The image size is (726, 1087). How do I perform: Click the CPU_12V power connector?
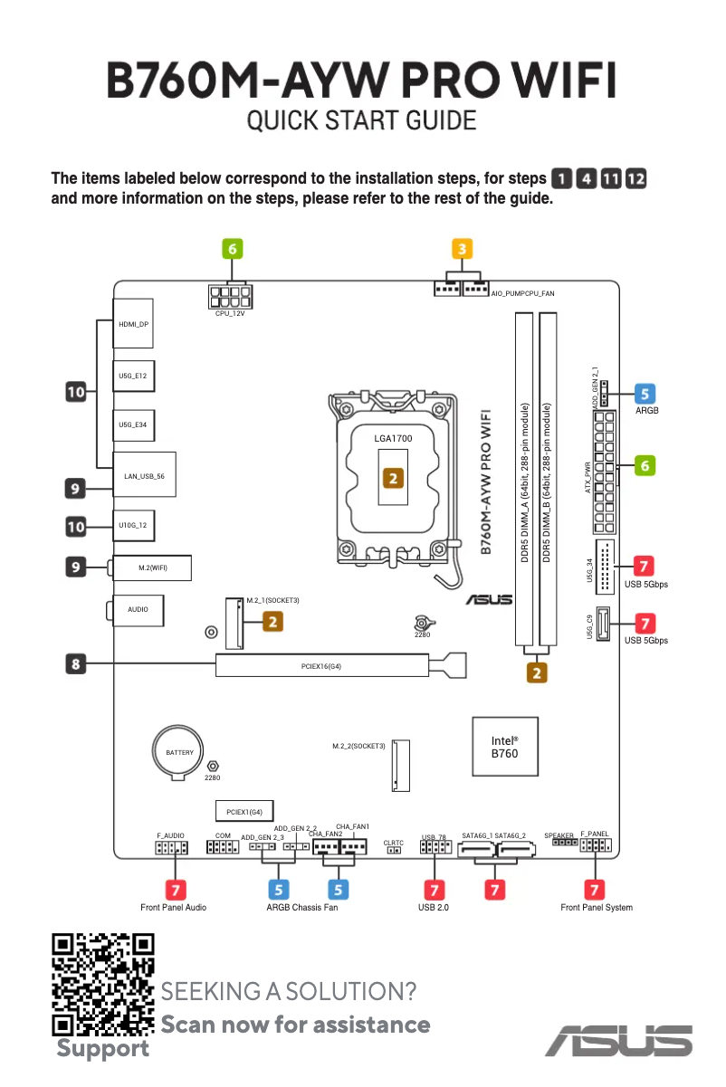[x=229, y=296]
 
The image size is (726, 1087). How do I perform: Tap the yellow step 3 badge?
[x=462, y=248]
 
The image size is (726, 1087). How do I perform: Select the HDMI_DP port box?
[x=133, y=324]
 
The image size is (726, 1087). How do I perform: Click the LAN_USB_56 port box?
[x=144, y=474]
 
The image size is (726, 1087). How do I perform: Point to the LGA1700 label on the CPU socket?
[x=393, y=439]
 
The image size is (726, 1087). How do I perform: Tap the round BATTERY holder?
[x=179, y=752]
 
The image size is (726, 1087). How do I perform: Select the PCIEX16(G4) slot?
[x=322, y=665]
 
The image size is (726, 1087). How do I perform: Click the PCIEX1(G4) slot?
[x=244, y=811]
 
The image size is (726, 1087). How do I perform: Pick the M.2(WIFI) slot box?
[x=152, y=567]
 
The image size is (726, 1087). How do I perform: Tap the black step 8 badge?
[x=76, y=663]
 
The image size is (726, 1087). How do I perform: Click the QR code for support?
[x=102, y=984]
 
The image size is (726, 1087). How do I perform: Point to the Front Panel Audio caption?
[x=173, y=907]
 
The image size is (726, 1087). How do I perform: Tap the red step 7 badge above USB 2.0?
[x=434, y=890]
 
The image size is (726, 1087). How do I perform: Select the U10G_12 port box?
[x=133, y=525]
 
